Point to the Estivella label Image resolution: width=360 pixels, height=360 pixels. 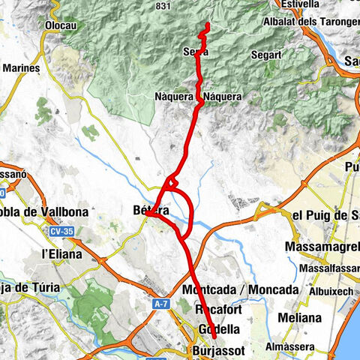(x=298, y=4)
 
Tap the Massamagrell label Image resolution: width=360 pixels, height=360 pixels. (x=322, y=247)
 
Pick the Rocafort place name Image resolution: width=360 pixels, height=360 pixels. (x=218, y=310)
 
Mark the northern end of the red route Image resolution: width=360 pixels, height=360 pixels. (x=206, y=25)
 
